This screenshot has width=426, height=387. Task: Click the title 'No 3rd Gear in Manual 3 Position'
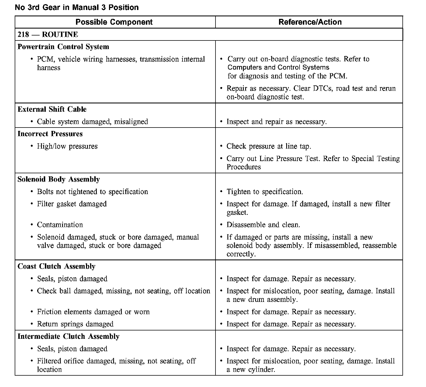click(x=77, y=7)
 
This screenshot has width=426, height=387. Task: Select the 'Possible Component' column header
click(x=114, y=22)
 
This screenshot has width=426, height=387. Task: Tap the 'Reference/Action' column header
click(x=310, y=22)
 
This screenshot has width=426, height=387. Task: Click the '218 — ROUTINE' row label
click(x=48, y=35)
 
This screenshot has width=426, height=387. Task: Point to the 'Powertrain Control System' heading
click(x=63, y=47)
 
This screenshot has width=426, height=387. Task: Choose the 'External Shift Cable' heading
click(x=52, y=109)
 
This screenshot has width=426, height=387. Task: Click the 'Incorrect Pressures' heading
click(x=50, y=134)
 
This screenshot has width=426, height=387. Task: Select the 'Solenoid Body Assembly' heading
click(x=59, y=179)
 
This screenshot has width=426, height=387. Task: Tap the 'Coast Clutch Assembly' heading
click(x=56, y=266)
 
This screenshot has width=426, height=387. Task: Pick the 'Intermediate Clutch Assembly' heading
click(x=69, y=337)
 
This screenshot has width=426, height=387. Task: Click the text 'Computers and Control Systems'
click(x=278, y=68)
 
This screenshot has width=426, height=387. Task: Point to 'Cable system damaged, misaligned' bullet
click(x=92, y=122)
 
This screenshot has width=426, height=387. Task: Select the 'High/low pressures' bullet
click(x=67, y=146)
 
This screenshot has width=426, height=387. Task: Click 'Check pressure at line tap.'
click(x=268, y=146)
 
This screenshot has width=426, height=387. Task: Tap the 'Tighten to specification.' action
click(x=265, y=192)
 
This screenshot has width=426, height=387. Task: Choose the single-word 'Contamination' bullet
click(x=60, y=225)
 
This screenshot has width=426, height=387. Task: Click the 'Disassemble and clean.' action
click(x=263, y=225)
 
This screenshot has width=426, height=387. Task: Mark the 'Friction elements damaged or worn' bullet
click(x=93, y=312)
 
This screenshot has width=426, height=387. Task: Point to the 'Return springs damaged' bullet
click(x=75, y=324)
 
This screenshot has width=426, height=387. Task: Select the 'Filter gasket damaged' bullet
click(x=72, y=204)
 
